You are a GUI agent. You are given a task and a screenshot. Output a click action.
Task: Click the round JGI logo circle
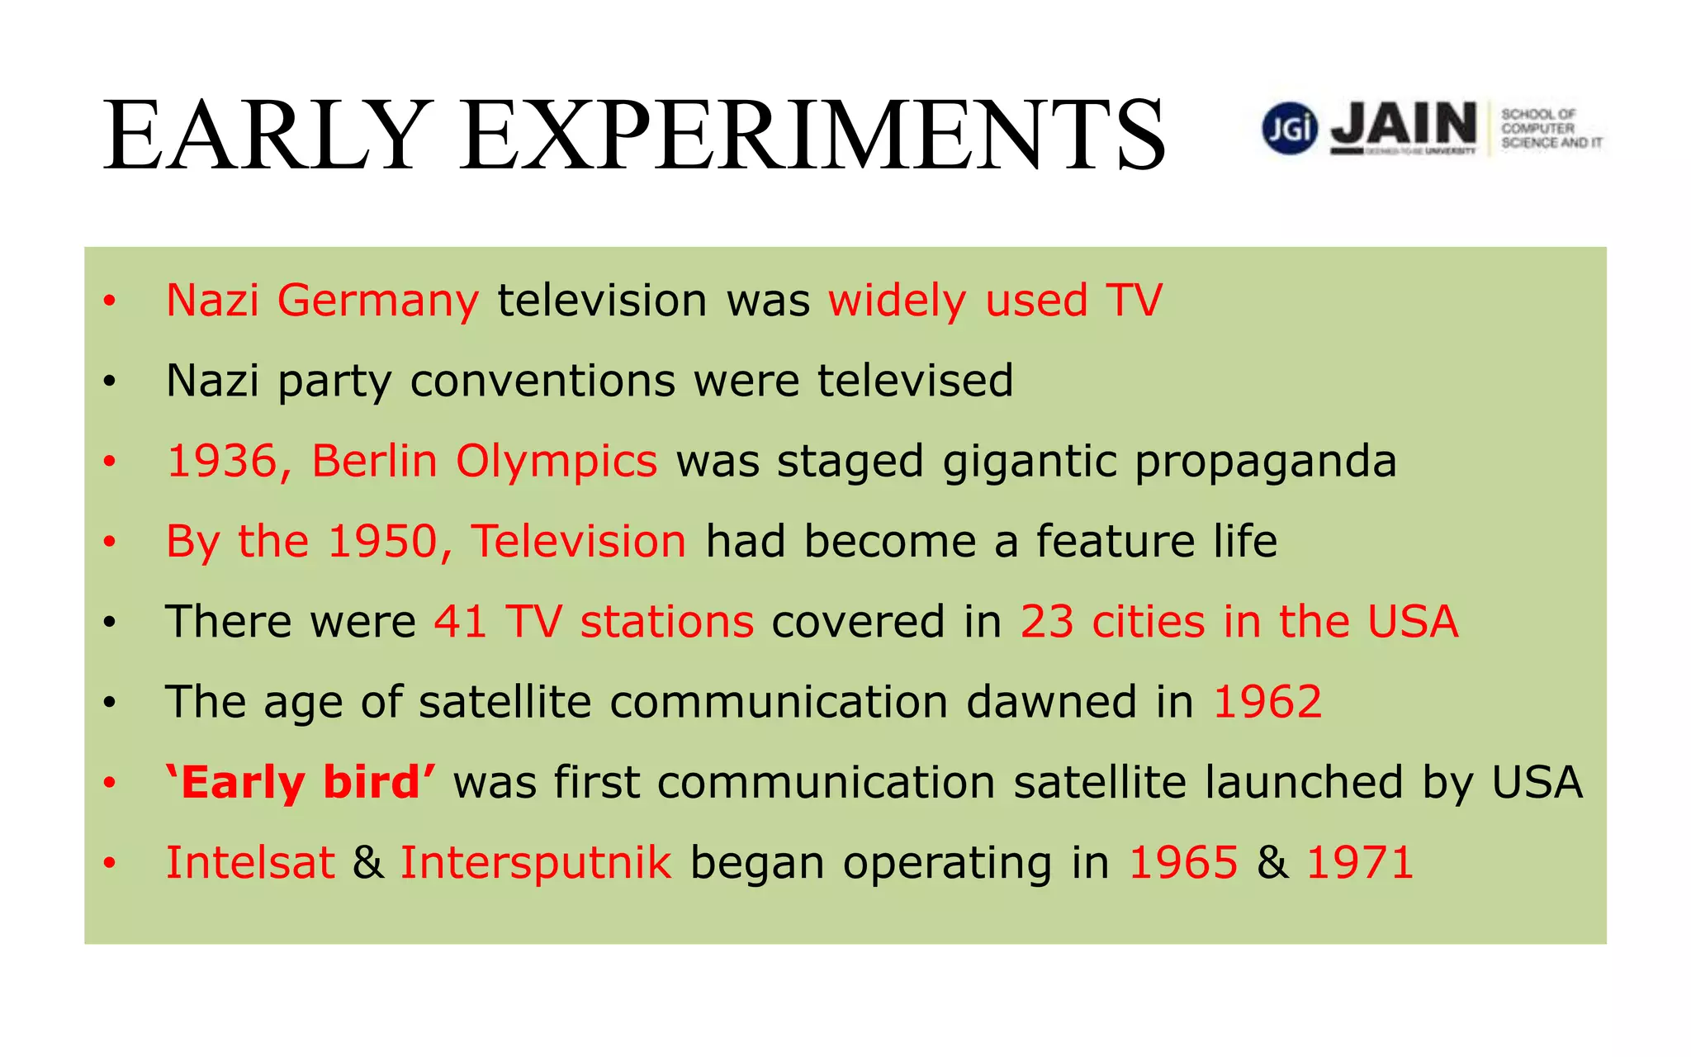point(1289,128)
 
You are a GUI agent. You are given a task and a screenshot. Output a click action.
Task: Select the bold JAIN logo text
point(1404,125)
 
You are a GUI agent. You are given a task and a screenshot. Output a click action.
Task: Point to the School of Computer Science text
point(1550,129)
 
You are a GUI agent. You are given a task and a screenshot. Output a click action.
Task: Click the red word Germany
point(377,301)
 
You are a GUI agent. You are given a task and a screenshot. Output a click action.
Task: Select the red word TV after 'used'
point(1134,301)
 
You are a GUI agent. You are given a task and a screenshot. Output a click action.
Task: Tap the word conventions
point(542,381)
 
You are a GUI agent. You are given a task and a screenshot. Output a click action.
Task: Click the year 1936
point(221,461)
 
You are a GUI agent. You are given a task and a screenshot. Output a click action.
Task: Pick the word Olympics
point(557,461)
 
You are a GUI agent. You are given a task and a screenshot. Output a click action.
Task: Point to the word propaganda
point(1265,461)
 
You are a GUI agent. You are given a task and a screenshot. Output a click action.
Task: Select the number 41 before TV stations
point(461,622)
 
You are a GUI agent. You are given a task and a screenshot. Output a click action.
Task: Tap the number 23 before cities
point(1047,622)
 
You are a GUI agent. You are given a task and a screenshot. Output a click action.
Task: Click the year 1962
point(1267,702)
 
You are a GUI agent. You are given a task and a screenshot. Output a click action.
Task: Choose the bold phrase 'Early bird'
point(301,782)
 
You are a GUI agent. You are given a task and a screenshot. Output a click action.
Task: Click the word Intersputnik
point(536,863)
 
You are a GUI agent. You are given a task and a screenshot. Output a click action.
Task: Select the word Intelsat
point(250,863)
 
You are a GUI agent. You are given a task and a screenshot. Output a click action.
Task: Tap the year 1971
point(1360,863)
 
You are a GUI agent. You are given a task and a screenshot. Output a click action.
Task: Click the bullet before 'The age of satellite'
point(110,703)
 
